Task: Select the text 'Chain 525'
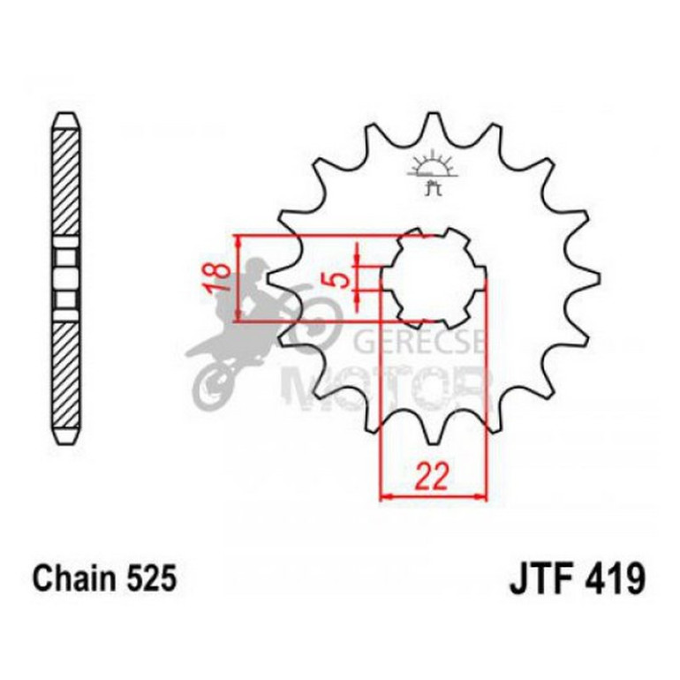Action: pyautogui.click(x=105, y=578)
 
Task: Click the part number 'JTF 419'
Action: pyautogui.click(x=577, y=580)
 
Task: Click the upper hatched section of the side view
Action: pyautogui.click(x=68, y=181)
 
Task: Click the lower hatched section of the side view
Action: pyautogui.click(x=68, y=371)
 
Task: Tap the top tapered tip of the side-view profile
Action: pyautogui.click(x=68, y=117)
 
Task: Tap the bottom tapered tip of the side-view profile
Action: pyautogui.click(x=68, y=438)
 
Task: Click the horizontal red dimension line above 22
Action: pyautogui.click(x=433, y=496)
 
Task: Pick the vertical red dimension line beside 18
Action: pyautogui.click(x=238, y=279)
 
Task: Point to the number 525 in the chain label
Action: pyautogui.click(x=152, y=578)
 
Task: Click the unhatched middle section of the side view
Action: pyautogui.click(x=68, y=277)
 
